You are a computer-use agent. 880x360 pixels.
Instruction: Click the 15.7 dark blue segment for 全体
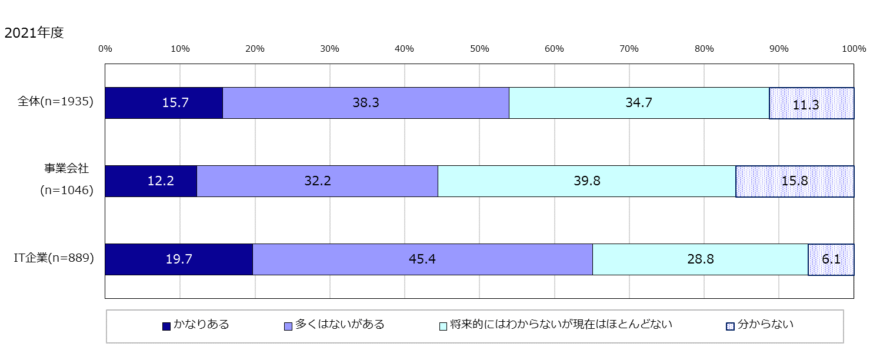click(x=164, y=103)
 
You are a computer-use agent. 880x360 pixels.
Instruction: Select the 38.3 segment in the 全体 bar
click(x=365, y=103)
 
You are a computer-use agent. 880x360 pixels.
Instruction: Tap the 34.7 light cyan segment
click(x=639, y=103)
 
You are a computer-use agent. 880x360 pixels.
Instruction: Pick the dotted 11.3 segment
click(x=811, y=104)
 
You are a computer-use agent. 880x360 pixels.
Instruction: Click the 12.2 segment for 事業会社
click(x=151, y=181)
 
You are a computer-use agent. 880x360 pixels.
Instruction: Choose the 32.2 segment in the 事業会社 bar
click(x=317, y=181)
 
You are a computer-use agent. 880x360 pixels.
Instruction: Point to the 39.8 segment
click(x=586, y=181)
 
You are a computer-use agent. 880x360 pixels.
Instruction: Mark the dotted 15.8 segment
click(x=795, y=181)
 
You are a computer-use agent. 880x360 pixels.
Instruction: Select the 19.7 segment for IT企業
click(x=179, y=259)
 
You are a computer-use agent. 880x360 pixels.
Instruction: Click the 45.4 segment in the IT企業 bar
click(x=422, y=259)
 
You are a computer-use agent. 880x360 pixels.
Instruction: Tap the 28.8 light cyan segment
click(x=700, y=259)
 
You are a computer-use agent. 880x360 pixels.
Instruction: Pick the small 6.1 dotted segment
click(x=831, y=259)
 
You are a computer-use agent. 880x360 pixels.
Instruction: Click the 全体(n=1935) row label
click(x=56, y=101)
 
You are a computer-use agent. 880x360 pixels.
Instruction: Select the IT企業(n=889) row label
click(x=54, y=257)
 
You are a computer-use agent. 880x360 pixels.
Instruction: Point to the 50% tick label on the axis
click(x=479, y=49)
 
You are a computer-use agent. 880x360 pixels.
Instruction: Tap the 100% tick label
click(x=854, y=49)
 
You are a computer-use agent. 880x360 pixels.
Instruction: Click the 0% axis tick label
click(x=105, y=49)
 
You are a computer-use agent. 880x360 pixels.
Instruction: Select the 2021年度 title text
click(x=34, y=34)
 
